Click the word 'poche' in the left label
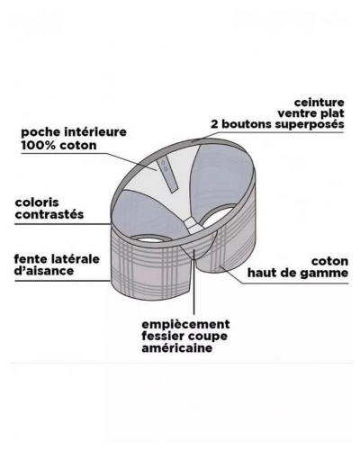coord(38,131)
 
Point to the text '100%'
coord(34,144)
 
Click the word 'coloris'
coord(36,202)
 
